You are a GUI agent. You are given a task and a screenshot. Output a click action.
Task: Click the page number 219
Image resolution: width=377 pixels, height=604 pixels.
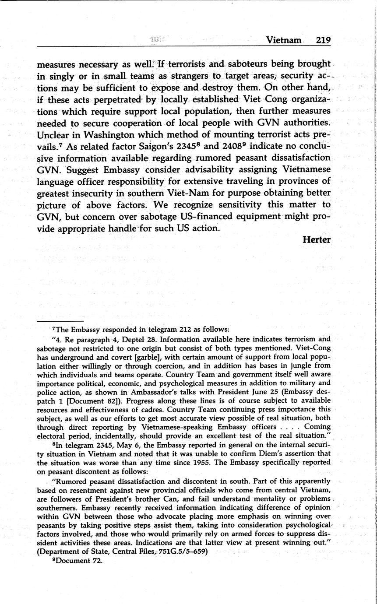pos(323,40)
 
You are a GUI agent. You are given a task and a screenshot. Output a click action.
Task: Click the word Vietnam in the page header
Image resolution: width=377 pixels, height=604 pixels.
pos(284,40)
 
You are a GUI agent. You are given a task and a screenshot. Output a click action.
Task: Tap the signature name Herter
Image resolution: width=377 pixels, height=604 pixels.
pos(316,240)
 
